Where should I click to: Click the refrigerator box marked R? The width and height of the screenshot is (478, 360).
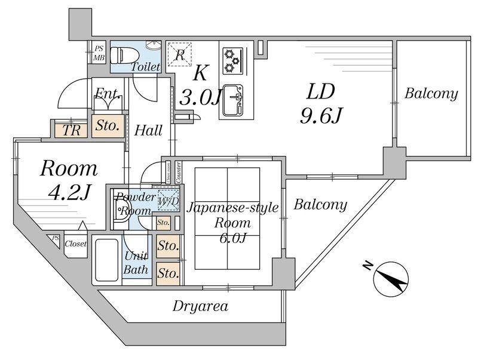[x=180, y=56]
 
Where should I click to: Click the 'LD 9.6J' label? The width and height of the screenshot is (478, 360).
[x=320, y=104]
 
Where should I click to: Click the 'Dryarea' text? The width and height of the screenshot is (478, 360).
[x=200, y=307]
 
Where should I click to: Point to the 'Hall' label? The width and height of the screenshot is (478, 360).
[x=149, y=130]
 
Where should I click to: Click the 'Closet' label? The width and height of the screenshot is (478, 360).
[x=75, y=244]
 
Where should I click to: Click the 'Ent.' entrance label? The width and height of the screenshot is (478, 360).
[x=109, y=94]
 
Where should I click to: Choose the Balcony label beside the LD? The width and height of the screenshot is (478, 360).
[x=431, y=94]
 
